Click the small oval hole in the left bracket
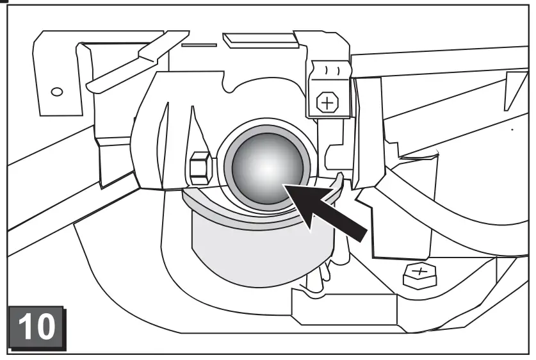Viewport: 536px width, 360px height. click(57, 92)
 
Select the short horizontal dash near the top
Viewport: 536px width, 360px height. click(195, 45)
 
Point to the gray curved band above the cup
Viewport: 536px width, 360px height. click(211, 209)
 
